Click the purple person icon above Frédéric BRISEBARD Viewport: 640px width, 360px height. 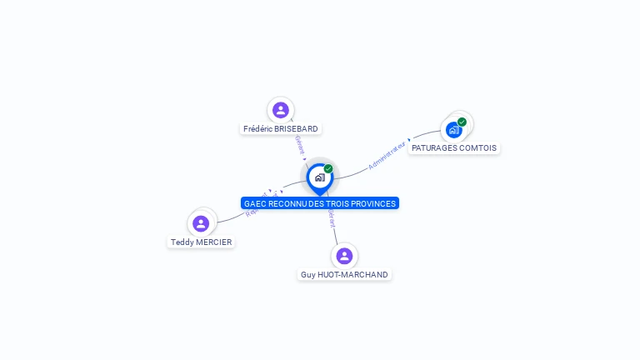point(281,110)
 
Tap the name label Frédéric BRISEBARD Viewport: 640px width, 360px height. point(281,129)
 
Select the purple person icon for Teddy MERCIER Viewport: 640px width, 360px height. point(201,223)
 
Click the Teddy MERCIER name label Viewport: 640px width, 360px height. point(201,242)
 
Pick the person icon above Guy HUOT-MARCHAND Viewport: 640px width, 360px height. point(344,256)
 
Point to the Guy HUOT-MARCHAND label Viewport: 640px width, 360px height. point(344,275)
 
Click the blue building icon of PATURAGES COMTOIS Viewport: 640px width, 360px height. point(453,130)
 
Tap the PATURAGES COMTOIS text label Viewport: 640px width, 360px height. point(454,148)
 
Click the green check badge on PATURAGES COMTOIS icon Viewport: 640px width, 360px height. point(462,122)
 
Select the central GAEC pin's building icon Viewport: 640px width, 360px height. point(319,177)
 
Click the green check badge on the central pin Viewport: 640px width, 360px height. point(328,169)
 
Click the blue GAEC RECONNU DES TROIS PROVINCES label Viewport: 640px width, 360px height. point(320,203)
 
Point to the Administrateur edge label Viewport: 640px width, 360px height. point(387,155)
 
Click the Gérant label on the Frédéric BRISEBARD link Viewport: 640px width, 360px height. point(299,145)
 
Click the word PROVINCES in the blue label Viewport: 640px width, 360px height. point(374,203)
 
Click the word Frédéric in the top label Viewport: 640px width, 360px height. point(259,129)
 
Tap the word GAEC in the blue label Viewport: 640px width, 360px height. point(253,203)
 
